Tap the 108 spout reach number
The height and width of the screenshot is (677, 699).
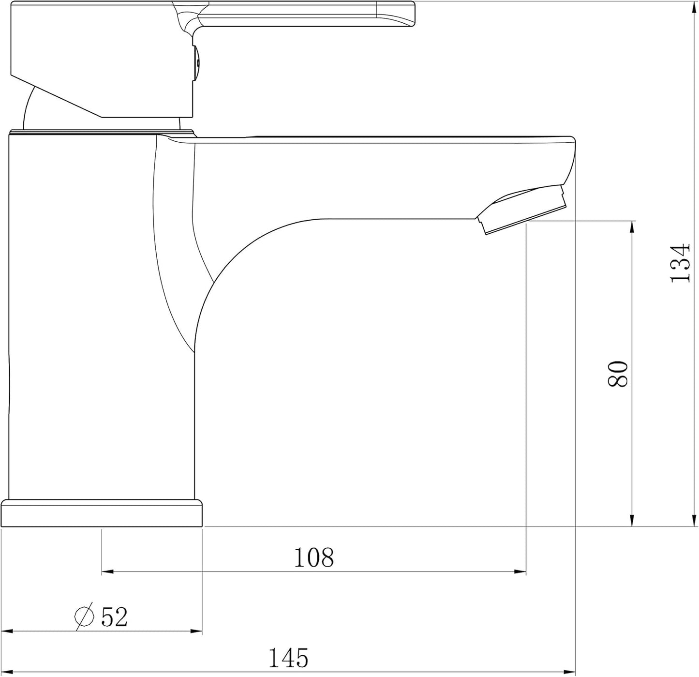pos(314,557)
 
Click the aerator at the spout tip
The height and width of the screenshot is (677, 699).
pos(522,210)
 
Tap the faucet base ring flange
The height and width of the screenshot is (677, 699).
pos(102,513)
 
